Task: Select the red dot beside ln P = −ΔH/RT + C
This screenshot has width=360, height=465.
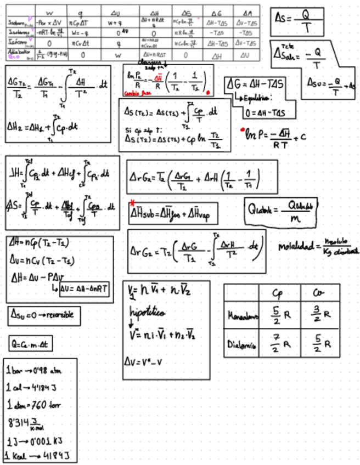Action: tap(241, 131)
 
